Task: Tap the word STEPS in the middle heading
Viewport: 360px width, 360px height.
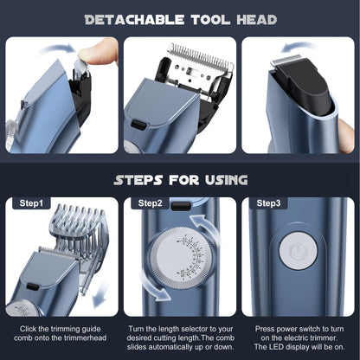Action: [145, 180]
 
